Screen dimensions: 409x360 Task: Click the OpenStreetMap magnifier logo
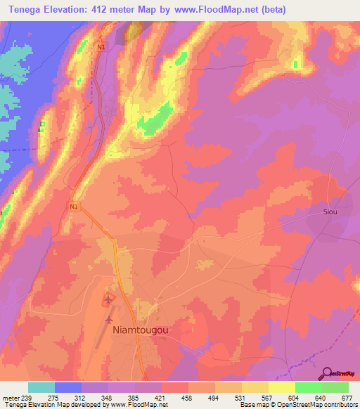pyautogui.click(x=328, y=374)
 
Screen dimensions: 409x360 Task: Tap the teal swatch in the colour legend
pyautogui.click(x=41, y=387)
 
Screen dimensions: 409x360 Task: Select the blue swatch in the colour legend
pyautogui.click(x=67, y=387)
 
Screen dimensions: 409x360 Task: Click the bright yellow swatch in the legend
pyautogui.click(x=281, y=387)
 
